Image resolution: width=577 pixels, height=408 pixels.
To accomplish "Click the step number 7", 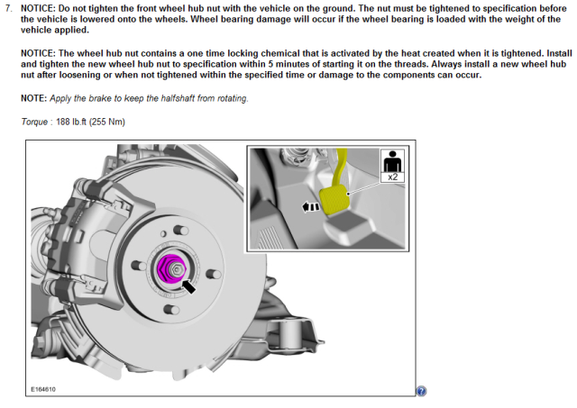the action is pos(8,8).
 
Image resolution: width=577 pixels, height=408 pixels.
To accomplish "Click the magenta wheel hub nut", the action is pos(171,269).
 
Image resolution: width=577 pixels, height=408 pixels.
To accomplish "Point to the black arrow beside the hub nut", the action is pos(188,286).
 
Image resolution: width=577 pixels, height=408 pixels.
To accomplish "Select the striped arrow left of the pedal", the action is pos(311,207).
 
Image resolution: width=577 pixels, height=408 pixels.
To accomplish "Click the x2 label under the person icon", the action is pos(393,177).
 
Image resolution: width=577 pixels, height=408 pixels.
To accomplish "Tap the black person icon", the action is pos(393,161).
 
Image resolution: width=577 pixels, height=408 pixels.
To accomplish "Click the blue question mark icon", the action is pos(421,391).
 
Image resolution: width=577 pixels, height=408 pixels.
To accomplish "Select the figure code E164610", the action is pos(43,389).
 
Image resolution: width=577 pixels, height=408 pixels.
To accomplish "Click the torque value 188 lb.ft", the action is pos(71,122).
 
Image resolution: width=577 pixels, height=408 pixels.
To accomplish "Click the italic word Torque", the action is pos(34,122).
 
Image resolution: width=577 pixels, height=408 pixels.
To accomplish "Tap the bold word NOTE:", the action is pos(34,98).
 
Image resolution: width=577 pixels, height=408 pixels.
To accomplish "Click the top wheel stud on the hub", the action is pos(180,230).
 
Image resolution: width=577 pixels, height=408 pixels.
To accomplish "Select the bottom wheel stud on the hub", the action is pos(170,310).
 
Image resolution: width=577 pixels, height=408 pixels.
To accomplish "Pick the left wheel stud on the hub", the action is pos(139,265).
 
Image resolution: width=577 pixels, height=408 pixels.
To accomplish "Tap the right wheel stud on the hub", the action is pos(213,274).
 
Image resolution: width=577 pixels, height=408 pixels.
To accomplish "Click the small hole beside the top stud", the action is pos(163,234).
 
